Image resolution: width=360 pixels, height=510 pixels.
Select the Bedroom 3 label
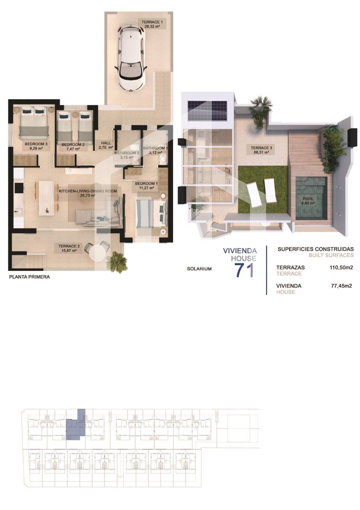coord(36,144)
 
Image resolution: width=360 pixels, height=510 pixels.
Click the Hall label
coord(106,143)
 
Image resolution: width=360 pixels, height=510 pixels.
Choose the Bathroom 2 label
coord(127,153)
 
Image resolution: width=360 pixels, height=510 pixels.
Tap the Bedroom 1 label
coord(146,184)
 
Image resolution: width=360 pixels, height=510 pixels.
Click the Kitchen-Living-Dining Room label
coord(88,191)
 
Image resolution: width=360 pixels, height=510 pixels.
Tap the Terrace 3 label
coord(261,148)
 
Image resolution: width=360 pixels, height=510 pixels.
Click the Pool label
coord(308,199)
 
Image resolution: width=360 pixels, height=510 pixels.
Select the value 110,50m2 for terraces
coord(341,267)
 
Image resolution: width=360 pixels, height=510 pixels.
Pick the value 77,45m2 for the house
coord(341,286)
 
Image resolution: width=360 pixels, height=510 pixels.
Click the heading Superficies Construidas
coord(316,249)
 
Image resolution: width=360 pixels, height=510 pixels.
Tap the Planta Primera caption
coord(29,277)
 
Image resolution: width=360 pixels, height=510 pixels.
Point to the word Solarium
coord(199,269)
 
